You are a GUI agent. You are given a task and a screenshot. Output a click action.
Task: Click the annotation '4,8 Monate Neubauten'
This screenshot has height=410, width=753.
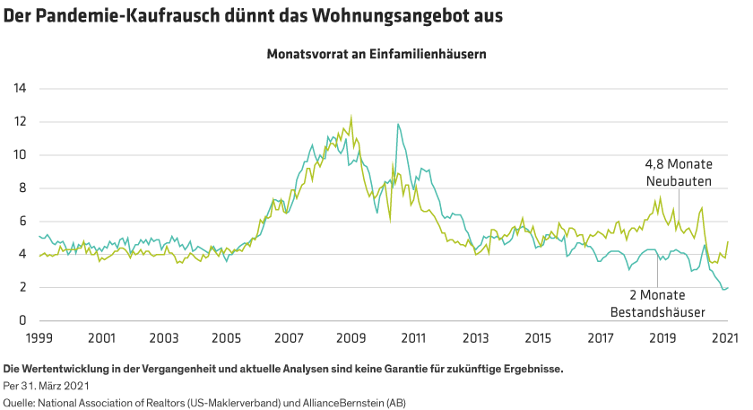point(679,173)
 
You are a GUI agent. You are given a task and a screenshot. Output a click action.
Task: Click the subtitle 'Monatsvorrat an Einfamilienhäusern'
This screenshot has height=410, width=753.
point(376,54)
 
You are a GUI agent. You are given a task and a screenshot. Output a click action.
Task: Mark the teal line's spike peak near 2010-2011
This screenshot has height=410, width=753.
point(397,124)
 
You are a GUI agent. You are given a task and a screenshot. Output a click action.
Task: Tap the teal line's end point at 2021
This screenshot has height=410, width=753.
point(726,288)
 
